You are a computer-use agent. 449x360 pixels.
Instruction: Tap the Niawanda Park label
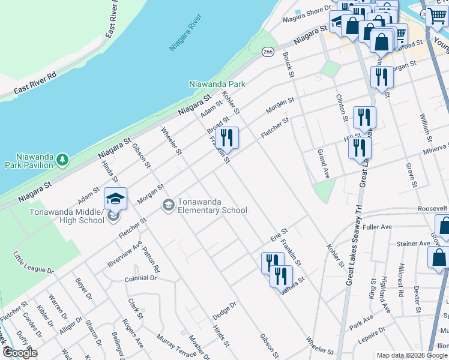tap(217, 85)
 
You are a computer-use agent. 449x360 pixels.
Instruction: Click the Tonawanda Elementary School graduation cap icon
tap(169, 206)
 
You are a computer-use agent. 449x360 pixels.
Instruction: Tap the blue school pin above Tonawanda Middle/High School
tap(115, 198)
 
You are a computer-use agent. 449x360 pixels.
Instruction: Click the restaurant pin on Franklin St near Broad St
tap(228, 137)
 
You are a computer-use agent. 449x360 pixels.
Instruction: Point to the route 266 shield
tap(268, 52)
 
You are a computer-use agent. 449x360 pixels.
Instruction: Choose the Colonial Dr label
tap(140, 278)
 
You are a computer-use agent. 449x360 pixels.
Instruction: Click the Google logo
tap(19, 353)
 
